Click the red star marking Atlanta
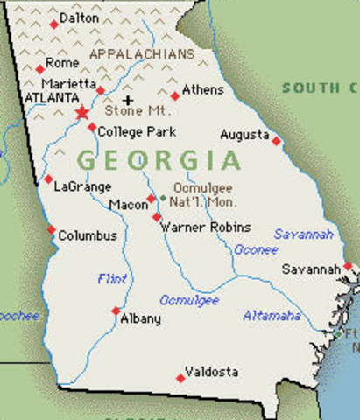tap(82, 112)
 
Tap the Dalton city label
tap(79, 17)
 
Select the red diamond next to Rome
tap(39, 69)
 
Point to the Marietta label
tap(67, 82)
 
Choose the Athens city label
tap(202, 89)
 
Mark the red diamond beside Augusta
tap(277, 140)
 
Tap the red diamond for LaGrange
tap(49, 179)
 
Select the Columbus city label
tap(87, 235)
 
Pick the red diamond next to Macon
tap(151, 199)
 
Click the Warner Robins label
tap(206, 227)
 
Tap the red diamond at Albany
tap(116, 311)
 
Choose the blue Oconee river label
tap(256, 249)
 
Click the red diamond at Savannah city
tap(348, 266)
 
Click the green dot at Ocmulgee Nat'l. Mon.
tap(162, 199)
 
